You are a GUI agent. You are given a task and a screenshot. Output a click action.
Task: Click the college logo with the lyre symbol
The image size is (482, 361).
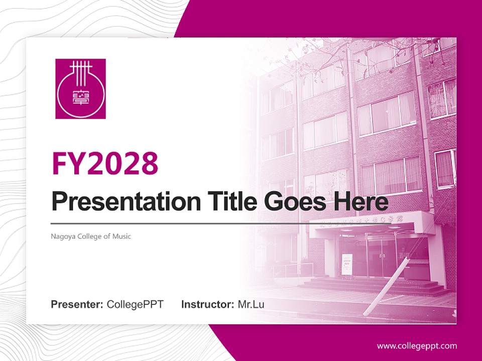coord(80,89)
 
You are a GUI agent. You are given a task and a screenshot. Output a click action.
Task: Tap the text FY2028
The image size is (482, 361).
coord(105,162)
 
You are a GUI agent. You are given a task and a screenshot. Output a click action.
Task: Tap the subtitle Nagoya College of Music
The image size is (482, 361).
coord(91,236)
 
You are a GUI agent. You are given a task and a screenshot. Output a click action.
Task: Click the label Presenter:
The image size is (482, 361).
coord(77,304)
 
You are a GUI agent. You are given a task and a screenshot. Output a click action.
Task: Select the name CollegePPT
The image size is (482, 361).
coord(135,304)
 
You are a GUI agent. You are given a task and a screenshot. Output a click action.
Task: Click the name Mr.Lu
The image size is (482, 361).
coord(251,304)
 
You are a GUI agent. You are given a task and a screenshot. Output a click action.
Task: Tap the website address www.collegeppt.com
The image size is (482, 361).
coord(417,345)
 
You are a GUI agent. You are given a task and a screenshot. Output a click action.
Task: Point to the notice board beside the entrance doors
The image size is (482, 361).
coord(347,264)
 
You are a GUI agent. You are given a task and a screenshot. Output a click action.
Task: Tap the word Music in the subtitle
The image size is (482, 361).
coord(122,236)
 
